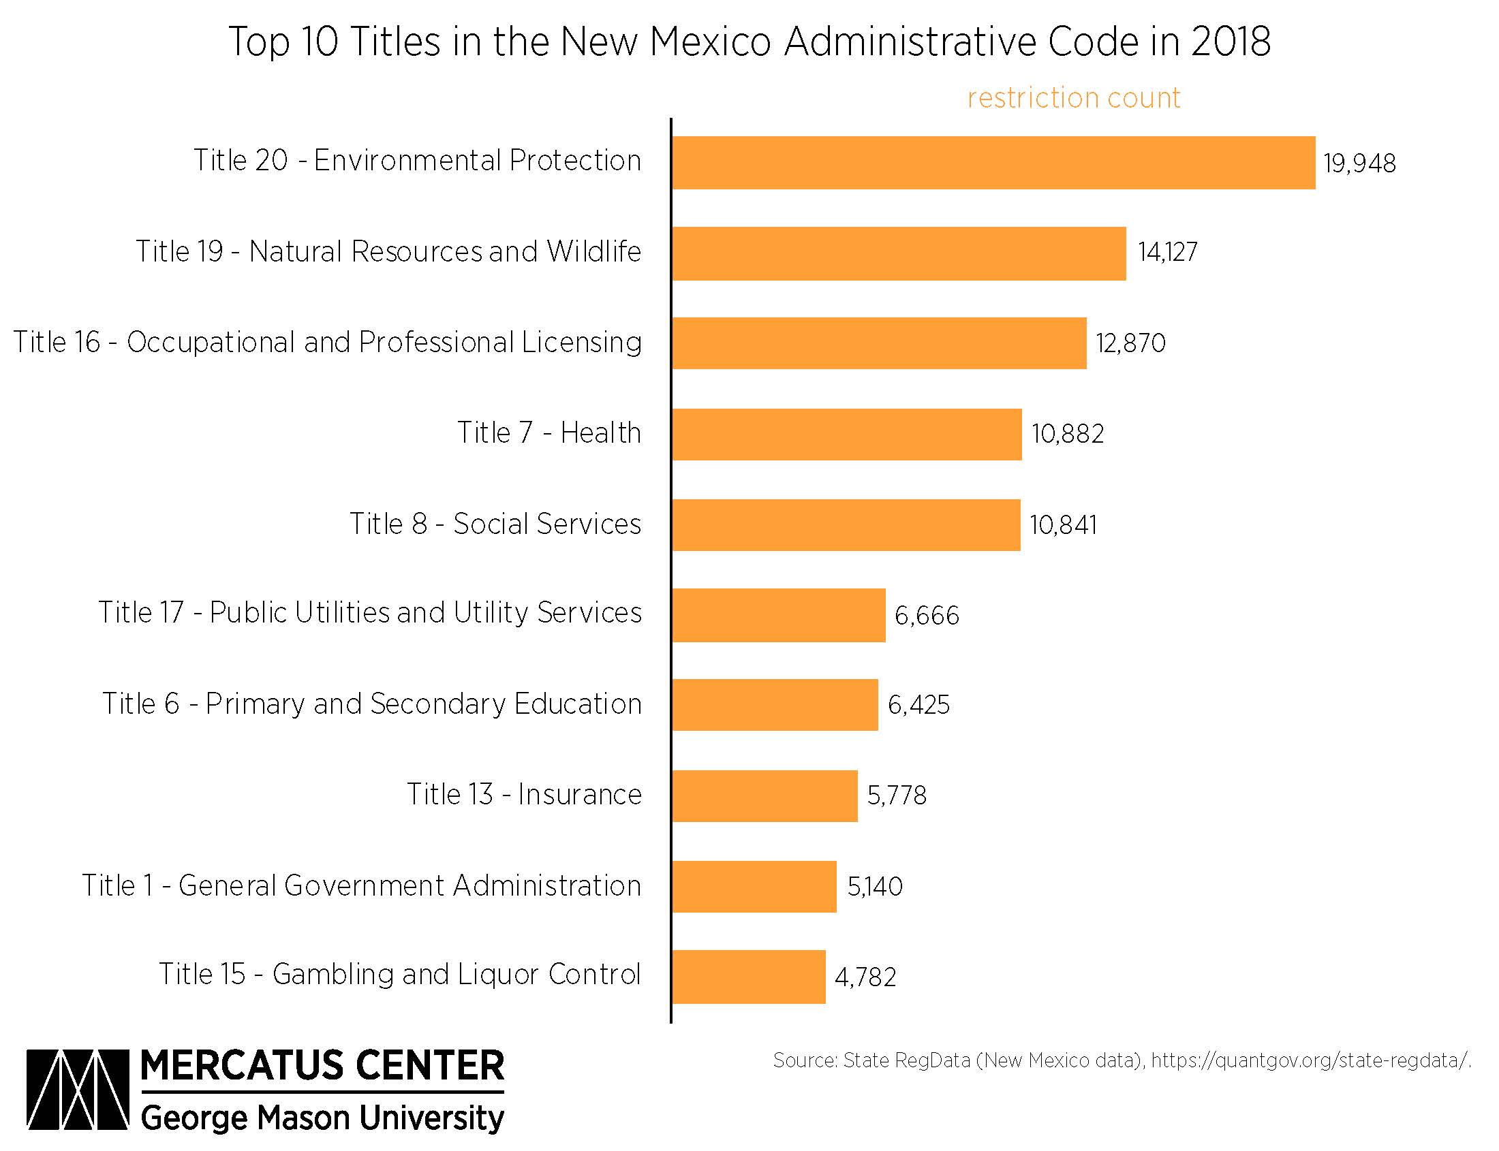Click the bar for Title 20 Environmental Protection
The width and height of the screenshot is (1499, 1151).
click(x=993, y=162)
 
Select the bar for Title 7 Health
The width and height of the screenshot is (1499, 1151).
click(x=846, y=435)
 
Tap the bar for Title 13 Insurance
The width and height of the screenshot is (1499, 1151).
click(x=764, y=795)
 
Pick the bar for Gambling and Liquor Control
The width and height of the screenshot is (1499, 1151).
click(x=748, y=976)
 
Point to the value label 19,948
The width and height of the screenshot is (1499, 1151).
click(x=1359, y=163)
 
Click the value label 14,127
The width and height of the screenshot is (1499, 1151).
click(x=1167, y=252)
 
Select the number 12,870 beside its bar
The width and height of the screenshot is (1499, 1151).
click(x=1130, y=343)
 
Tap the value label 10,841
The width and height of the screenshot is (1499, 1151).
click(x=1062, y=526)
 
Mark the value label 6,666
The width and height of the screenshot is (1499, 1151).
click(x=926, y=616)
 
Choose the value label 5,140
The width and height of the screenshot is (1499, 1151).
click(x=875, y=887)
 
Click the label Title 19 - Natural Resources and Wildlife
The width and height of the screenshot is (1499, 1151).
click(x=388, y=251)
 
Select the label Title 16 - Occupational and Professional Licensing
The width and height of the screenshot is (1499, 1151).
click(x=328, y=343)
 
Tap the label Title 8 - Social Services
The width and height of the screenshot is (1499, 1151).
click(x=495, y=524)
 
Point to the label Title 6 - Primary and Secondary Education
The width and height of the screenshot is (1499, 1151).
click(x=371, y=704)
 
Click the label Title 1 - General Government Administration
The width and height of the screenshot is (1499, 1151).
click(x=361, y=886)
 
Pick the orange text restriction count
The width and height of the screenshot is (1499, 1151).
click(x=1073, y=98)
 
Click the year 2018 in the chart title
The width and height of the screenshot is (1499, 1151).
click(x=1231, y=41)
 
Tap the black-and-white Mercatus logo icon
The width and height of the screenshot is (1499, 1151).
click(x=78, y=1088)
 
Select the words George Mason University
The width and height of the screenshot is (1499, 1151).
click(x=322, y=1118)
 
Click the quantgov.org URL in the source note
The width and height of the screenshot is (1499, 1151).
click(x=1310, y=1060)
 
